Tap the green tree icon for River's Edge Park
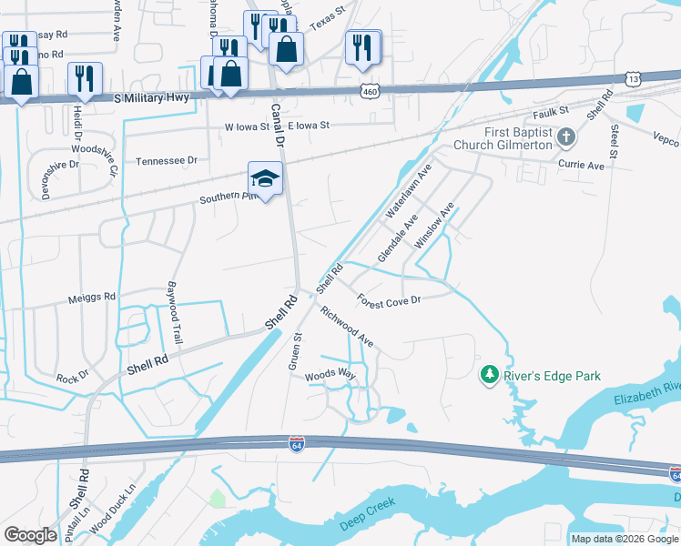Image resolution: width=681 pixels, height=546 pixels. click(490, 374)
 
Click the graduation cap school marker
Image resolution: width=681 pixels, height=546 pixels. click(265, 177)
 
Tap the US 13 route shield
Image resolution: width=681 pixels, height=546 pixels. click(634, 80)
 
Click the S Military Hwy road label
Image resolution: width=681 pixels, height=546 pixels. click(156, 96)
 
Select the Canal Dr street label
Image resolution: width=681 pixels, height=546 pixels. click(277, 125)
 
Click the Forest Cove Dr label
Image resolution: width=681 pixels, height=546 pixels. click(388, 300)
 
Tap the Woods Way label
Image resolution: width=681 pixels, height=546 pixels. click(329, 375)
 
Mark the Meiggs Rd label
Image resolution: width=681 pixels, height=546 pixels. click(92, 297)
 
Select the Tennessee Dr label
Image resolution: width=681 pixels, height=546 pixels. click(167, 160)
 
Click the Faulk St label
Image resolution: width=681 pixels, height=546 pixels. click(551, 113)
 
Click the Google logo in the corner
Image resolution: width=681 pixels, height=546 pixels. click(30, 535)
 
